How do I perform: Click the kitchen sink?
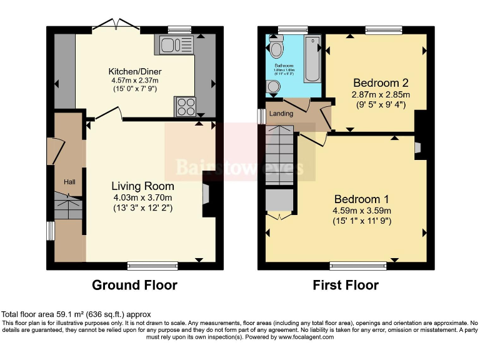click(177, 44)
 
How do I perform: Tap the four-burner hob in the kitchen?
click(185, 106)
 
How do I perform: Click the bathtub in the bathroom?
click(312, 59)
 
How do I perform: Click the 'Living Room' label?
click(142, 186)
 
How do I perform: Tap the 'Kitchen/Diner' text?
click(134, 71)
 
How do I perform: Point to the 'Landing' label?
click(281, 113)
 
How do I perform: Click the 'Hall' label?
click(69, 182)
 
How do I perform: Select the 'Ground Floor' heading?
click(134, 286)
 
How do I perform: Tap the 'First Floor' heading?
click(346, 286)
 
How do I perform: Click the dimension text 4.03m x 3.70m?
click(142, 198)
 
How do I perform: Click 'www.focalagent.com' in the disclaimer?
click(301, 337)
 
